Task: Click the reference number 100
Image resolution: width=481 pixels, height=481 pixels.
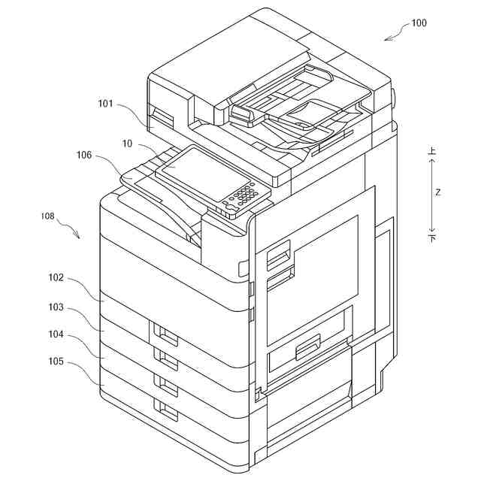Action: pyautogui.click(x=419, y=23)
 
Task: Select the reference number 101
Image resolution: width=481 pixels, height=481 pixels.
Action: pyautogui.click(x=106, y=104)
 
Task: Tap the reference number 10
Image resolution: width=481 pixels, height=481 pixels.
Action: pyautogui.click(x=127, y=142)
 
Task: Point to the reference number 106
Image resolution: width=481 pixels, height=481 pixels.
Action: pyautogui.click(x=84, y=156)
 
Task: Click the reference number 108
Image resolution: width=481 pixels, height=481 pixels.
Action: pyautogui.click(x=47, y=216)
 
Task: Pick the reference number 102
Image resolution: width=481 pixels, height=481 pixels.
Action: pyautogui.click(x=56, y=277)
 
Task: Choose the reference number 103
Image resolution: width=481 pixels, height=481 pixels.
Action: pyautogui.click(x=56, y=307)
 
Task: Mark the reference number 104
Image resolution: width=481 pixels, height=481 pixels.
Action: pyautogui.click(x=56, y=334)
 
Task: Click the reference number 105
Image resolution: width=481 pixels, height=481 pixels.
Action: pyautogui.click(x=56, y=362)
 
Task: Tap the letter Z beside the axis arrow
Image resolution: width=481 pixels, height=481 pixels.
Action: pyautogui.click(x=437, y=192)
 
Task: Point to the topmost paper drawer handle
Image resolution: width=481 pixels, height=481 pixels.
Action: pyautogui.click(x=165, y=332)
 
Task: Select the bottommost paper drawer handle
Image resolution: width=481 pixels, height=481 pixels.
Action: pyautogui.click(x=165, y=410)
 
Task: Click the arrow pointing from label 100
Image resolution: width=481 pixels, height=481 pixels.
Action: pyautogui.click(x=393, y=35)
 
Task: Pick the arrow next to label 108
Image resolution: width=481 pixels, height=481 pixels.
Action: pyautogui.click(x=71, y=229)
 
